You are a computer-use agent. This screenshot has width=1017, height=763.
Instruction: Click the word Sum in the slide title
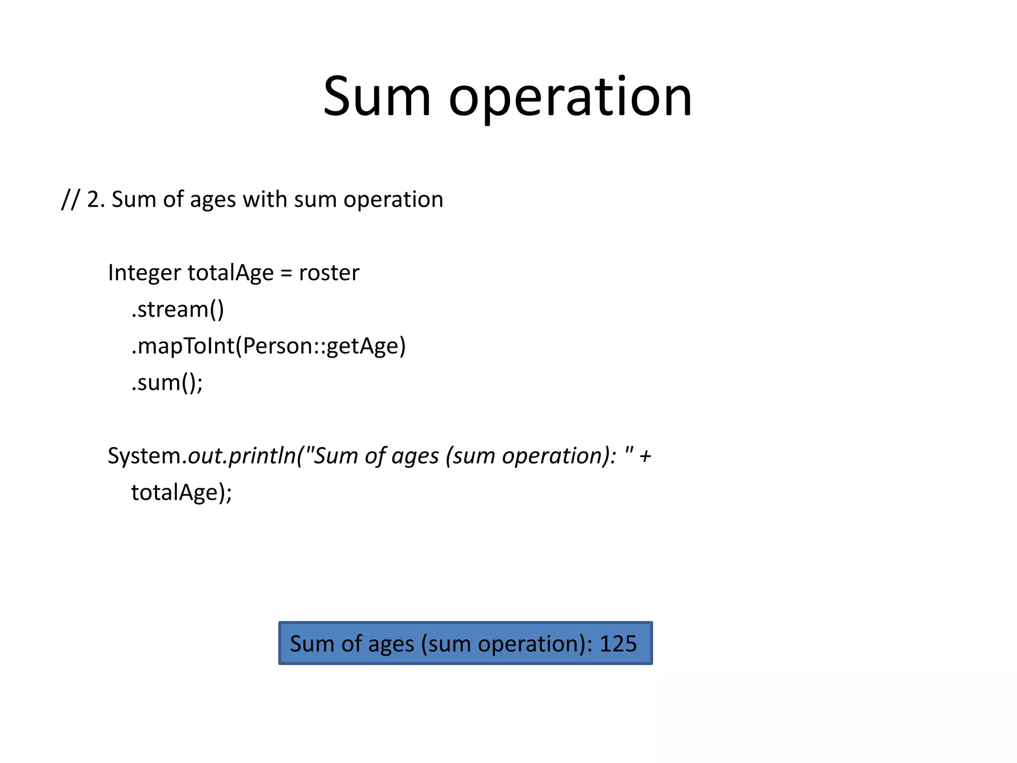coord(376,97)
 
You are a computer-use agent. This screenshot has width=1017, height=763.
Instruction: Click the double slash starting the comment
coord(70,200)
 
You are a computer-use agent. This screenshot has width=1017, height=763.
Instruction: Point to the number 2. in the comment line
coord(95,200)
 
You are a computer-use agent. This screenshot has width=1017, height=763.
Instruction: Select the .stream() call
coord(177,309)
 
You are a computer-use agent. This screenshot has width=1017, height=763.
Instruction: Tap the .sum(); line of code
coord(167,383)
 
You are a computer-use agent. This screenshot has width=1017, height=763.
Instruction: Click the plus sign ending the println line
coord(645,456)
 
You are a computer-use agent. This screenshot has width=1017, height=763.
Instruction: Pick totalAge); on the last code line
coord(181,493)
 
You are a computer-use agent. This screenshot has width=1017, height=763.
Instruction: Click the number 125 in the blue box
coord(618,644)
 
